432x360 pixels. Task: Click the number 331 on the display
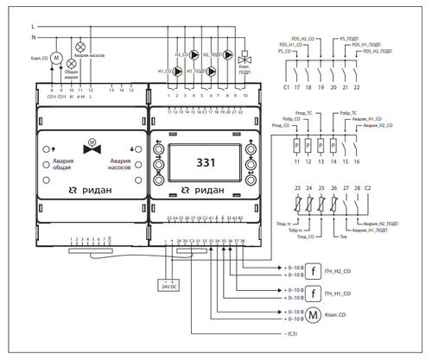pos(206,161)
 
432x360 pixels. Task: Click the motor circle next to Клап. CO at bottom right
pos(314,316)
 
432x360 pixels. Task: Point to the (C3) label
pos(295,333)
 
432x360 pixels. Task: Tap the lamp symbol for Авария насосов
pos(82,44)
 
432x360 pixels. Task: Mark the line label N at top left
pos(34,38)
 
